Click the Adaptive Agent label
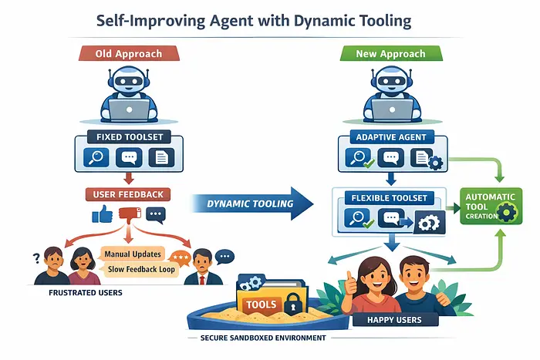pos(390,137)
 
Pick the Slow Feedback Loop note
pos(138,270)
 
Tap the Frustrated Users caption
pos(77,294)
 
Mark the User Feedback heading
pos(129,193)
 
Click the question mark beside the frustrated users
pos(35,257)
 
